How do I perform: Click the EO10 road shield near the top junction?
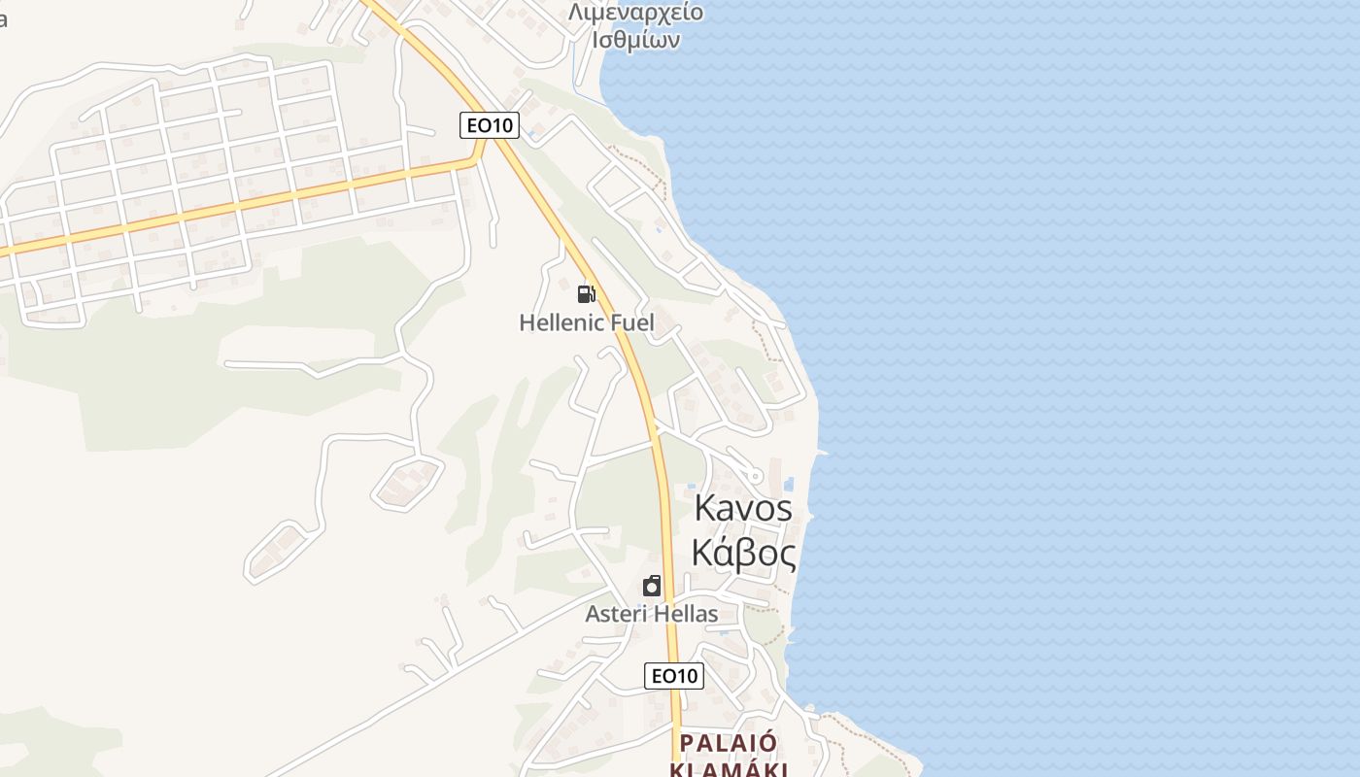pyautogui.click(x=490, y=124)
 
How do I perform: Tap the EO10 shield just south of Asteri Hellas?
pyautogui.click(x=673, y=676)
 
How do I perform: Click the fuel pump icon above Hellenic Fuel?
pyautogui.click(x=586, y=293)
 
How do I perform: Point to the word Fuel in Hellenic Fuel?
pyautogui.click(x=630, y=322)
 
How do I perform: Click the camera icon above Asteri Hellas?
pyautogui.click(x=652, y=586)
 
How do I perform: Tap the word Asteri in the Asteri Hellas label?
pyautogui.click(x=616, y=614)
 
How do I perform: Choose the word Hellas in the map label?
pyautogui.click(x=686, y=614)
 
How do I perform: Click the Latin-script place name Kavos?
pyautogui.click(x=743, y=508)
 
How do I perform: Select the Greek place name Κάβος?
pyautogui.click(x=743, y=554)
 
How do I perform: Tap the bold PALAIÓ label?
pyautogui.click(x=729, y=743)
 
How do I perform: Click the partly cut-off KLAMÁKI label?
pyautogui.click(x=729, y=769)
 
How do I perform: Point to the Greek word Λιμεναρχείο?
pyautogui.click(x=635, y=14)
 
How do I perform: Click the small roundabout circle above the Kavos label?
pyautogui.click(x=756, y=474)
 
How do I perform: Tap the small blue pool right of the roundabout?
pyautogui.click(x=788, y=483)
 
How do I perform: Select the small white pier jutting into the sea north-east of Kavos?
pyautogui.click(x=821, y=453)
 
